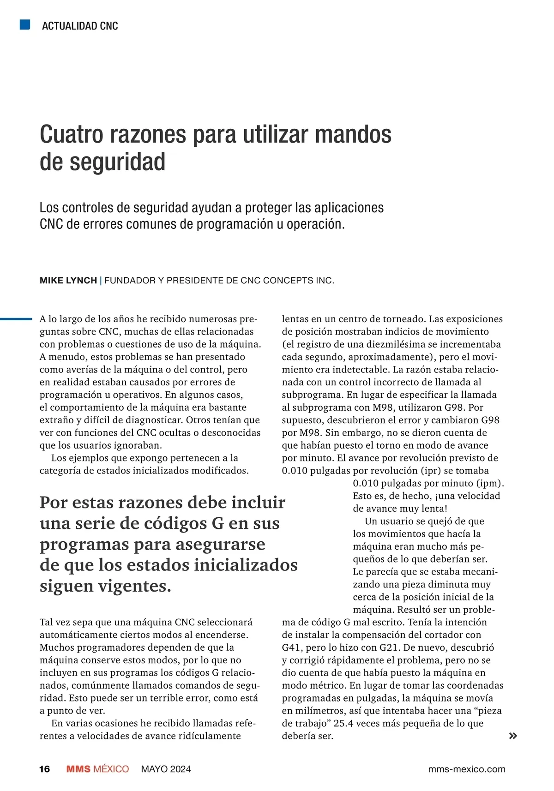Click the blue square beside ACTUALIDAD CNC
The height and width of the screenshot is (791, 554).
[x=25, y=24]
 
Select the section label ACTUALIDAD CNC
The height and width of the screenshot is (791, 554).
[x=80, y=26]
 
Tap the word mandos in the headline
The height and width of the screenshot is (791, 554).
[x=353, y=134]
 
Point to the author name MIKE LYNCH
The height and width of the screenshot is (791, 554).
[x=68, y=281]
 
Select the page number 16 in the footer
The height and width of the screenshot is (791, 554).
[x=44, y=769]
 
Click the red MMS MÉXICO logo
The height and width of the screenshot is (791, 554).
[x=97, y=769]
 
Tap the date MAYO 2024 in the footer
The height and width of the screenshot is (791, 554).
[x=166, y=769]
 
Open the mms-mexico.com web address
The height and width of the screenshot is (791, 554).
[x=467, y=769]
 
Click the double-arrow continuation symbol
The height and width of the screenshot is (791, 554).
[x=512, y=736]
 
